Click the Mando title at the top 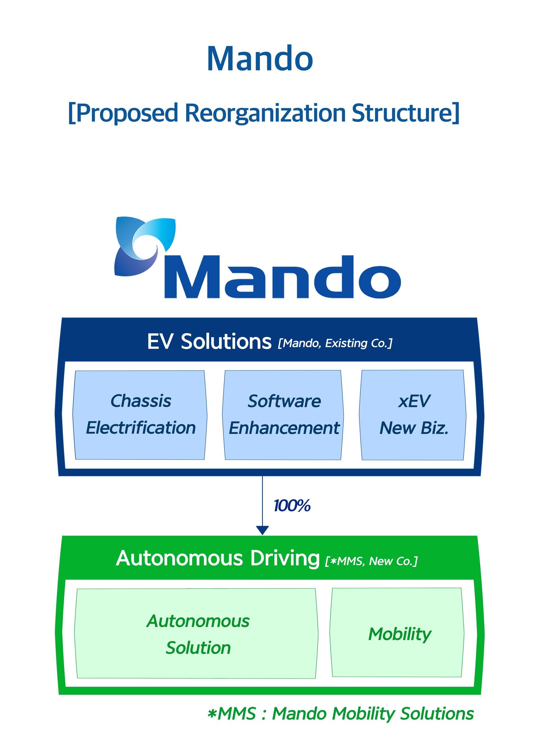coord(260,59)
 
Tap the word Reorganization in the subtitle coord(265,113)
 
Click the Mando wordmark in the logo coord(283,278)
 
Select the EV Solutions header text coord(209,342)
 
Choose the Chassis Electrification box coord(140,415)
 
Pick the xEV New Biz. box coord(413,415)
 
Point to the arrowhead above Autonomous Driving coord(262,530)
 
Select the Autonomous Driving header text coord(218,558)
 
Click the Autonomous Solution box coord(196,634)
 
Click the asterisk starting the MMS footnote coord(212,713)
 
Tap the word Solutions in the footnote coord(437,713)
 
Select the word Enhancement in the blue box coord(284,428)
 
